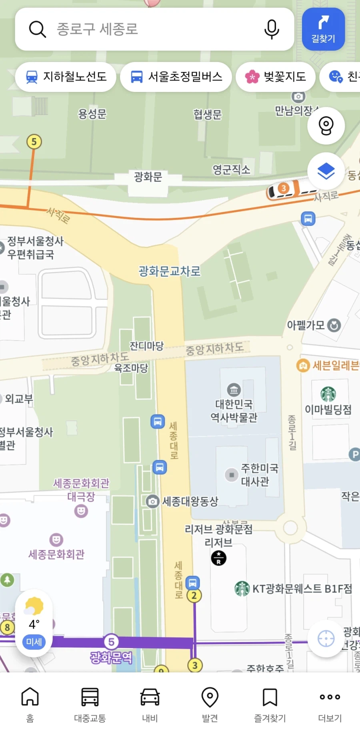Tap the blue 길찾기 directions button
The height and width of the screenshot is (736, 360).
click(323, 29)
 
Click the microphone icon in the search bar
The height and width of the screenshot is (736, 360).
click(272, 29)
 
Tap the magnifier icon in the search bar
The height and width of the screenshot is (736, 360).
click(38, 29)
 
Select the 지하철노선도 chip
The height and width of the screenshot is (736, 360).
click(66, 77)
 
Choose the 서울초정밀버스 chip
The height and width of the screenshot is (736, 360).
click(176, 77)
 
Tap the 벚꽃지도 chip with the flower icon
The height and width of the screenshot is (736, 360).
click(276, 77)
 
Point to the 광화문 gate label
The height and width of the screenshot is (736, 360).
click(148, 177)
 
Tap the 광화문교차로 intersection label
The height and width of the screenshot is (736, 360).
click(170, 271)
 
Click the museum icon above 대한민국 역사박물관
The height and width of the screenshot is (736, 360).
click(234, 389)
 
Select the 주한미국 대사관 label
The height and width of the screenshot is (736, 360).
click(259, 475)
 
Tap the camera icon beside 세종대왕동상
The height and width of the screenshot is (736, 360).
click(152, 501)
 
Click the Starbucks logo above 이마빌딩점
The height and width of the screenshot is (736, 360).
click(328, 394)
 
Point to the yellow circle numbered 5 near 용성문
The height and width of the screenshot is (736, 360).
click(34, 142)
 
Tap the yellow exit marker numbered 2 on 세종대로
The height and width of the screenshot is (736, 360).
click(194, 596)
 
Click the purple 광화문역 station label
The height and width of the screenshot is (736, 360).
click(111, 657)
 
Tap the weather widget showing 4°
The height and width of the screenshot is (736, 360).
click(34, 622)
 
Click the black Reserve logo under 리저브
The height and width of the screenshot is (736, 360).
click(218, 558)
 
